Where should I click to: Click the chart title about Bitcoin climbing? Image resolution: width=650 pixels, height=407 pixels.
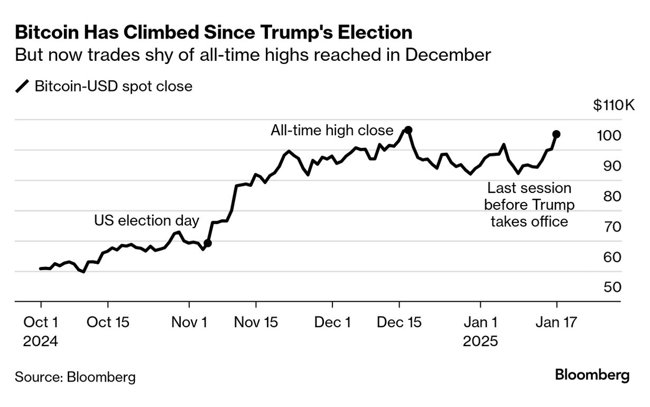point(213,33)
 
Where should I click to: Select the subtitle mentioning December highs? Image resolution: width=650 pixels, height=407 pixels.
point(253,55)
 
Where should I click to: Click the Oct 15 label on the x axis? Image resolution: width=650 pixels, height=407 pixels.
point(108,322)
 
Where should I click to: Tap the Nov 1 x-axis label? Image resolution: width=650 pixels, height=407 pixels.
point(189,322)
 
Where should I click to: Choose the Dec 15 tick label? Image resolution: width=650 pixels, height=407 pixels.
point(400,322)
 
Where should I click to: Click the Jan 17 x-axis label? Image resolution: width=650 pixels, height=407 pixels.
point(556,322)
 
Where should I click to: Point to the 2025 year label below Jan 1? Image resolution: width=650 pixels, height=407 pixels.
point(480,341)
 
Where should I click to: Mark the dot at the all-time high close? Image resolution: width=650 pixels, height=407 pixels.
point(408,129)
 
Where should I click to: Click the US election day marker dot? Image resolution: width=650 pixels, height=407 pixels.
point(208,243)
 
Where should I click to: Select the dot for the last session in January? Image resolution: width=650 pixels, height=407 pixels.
point(556,134)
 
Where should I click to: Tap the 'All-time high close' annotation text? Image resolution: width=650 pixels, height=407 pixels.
point(332,131)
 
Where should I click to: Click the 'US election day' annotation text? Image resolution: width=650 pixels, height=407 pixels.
point(146,220)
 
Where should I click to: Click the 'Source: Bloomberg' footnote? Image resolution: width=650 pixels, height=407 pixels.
point(75,377)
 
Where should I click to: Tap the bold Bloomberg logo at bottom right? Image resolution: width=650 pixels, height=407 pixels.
point(592,375)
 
